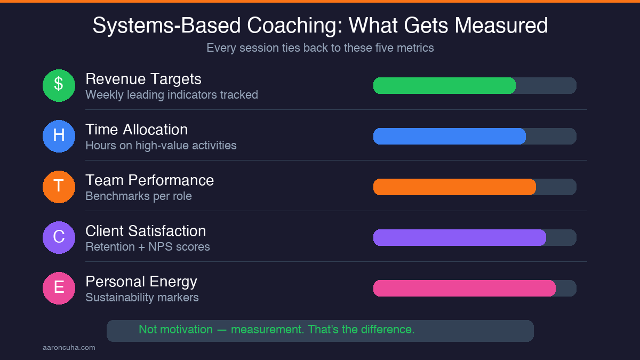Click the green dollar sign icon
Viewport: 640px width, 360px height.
coord(59,85)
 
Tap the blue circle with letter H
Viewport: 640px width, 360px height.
coord(59,136)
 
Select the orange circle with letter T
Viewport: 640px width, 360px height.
coord(59,187)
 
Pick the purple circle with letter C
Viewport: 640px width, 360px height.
coord(59,237)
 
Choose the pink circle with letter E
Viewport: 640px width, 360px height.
coord(59,288)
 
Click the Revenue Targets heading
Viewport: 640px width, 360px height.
coord(143,79)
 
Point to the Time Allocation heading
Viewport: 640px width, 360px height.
coord(137,130)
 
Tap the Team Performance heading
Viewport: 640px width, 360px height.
coord(149,180)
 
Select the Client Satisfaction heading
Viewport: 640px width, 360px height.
coord(146,231)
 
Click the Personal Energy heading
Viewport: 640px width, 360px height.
coord(141,282)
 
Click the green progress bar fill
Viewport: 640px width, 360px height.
coord(444,85)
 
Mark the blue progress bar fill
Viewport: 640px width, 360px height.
coord(449,136)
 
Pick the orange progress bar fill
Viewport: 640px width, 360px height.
coord(454,187)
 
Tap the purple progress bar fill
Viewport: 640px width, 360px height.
coord(459,237)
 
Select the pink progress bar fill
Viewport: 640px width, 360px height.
coord(464,288)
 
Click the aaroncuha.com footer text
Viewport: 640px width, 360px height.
coord(69,348)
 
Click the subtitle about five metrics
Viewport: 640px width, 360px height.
coord(320,48)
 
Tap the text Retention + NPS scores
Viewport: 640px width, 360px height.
coord(148,247)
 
